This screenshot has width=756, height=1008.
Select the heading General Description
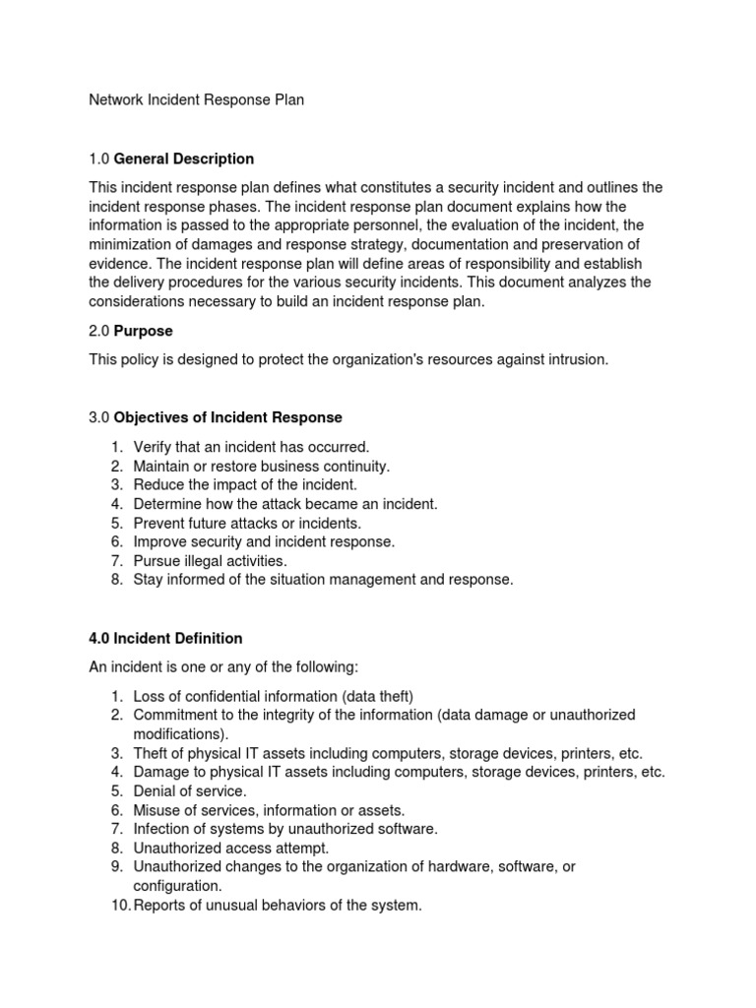[x=184, y=158]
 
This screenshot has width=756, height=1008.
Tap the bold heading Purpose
[x=144, y=331]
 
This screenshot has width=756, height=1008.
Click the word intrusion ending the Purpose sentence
[x=576, y=359]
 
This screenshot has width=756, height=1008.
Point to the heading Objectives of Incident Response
[x=228, y=418]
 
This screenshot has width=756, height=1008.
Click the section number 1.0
[x=99, y=158]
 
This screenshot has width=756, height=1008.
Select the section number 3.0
[x=99, y=418]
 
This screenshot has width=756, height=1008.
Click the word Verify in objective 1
[x=153, y=447]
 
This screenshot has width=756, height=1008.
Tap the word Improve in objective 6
[x=160, y=541]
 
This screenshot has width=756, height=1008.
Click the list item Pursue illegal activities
[x=210, y=560]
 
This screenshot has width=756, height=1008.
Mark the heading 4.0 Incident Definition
[x=165, y=639]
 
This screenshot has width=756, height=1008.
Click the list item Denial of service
[x=190, y=790]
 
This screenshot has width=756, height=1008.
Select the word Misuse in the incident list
[x=157, y=809]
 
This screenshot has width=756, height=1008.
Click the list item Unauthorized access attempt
[x=231, y=847]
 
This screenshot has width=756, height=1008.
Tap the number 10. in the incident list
[x=119, y=905]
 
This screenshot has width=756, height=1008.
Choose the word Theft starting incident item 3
[x=152, y=753]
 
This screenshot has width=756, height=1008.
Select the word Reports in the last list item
[x=160, y=905]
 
